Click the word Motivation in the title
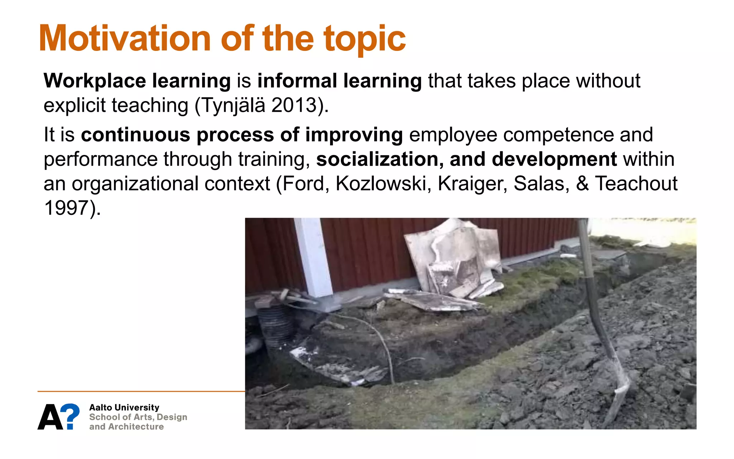tap(125, 39)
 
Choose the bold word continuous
tap(135, 135)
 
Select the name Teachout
tap(636, 184)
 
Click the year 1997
tap(67, 208)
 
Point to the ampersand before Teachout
tap(582, 184)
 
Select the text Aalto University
tap(124, 407)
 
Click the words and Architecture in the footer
tap(126, 427)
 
